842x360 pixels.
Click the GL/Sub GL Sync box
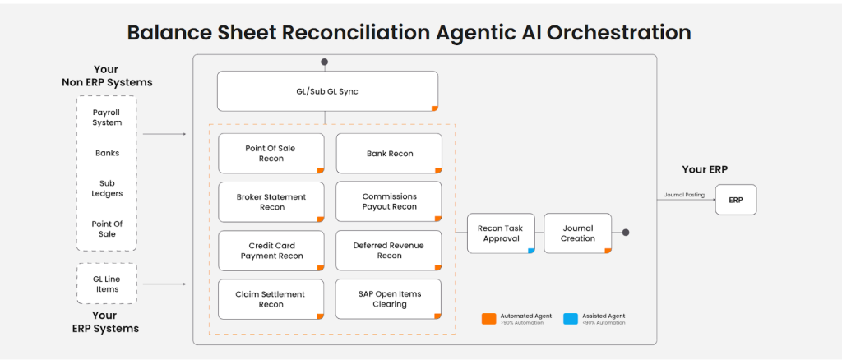coord(327,91)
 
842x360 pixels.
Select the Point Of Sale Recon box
coord(271,154)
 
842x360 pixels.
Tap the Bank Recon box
coord(389,154)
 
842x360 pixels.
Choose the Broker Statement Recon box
coord(271,202)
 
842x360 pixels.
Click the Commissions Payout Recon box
coord(389,202)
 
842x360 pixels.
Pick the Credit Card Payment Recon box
coord(271,251)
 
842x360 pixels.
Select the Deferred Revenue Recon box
coord(389,251)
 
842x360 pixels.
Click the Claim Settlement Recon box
coord(271,299)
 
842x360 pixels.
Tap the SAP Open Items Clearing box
coord(389,299)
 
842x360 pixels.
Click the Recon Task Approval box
coord(501,233)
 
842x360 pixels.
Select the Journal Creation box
coord(578,233)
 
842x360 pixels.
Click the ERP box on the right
coord(735,200)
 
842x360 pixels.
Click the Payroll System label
coord(107,118)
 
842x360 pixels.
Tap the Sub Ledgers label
coord(107,188)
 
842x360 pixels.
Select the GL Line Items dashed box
coord(107,284)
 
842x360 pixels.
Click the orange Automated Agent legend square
coord(488,318)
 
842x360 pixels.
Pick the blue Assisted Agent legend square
coord(570,318)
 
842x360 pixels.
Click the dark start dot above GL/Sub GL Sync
coord(325,62)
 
